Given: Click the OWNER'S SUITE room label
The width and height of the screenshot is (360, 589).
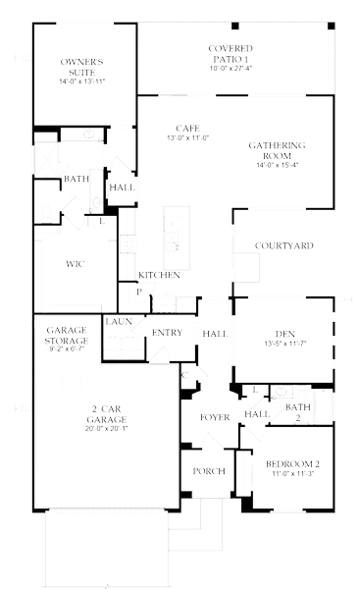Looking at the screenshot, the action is [x=82, y=67].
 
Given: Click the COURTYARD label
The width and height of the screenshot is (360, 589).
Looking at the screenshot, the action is [x=283, y=244].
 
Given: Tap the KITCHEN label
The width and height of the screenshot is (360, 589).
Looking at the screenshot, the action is [x=158, y=275].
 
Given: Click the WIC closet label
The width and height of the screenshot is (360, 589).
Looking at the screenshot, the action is [x=75, y=264].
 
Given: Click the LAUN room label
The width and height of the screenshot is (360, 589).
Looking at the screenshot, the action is [x=119, y=321].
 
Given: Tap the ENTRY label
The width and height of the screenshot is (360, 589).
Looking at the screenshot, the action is [x=167, y=333].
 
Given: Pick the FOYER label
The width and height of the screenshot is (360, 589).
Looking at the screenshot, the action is [x=215, y=417].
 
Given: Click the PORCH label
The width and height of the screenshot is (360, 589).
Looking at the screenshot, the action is [x=208, y=470].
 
